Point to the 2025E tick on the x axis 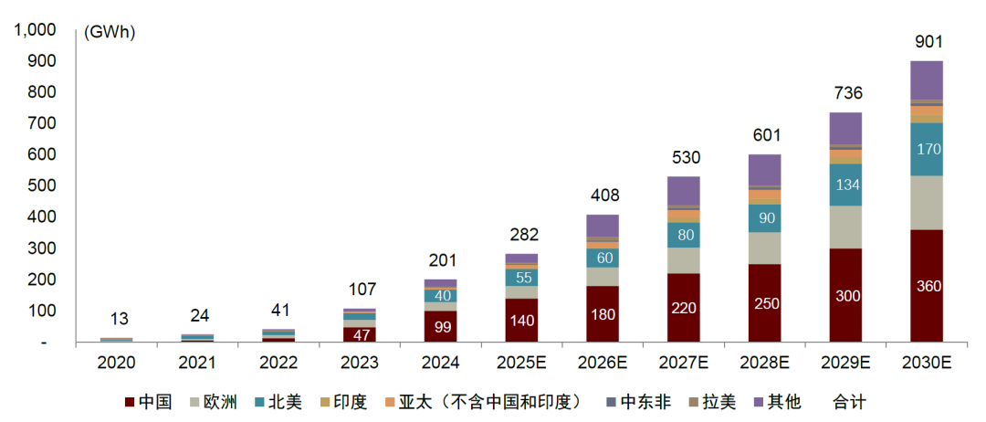tap(521, 363)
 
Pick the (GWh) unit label tap(109, 33)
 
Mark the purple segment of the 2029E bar tap(845, 128)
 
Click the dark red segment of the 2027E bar tap(684, 307)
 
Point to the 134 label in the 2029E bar tap(845, 185)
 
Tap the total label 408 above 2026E tap(603, 195)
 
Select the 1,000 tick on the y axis tap(35, 30)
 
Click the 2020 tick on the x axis tap(116, 363)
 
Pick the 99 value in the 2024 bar tap(441, 327)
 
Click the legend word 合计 tap(848, 402)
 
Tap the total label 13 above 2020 tap(119, 319)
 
